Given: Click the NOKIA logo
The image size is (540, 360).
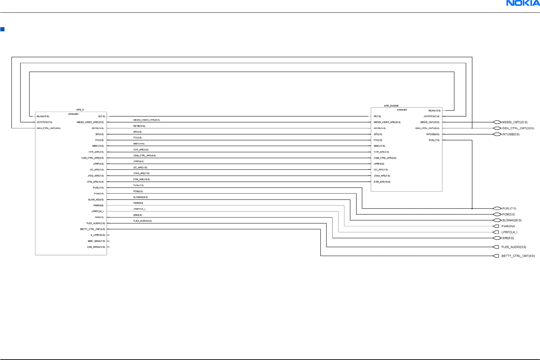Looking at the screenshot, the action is (x=522, y=3).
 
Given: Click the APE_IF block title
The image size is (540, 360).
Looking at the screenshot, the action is (x=80, y=110).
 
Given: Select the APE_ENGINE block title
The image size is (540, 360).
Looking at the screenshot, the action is (x=391, y=106).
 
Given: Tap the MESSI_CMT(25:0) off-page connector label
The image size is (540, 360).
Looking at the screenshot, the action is (x=515, y=122).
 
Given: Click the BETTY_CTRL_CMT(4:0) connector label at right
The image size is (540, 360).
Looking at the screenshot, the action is (x=518, y=256).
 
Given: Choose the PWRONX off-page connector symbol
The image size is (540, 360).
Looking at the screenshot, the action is (x=496, y=226).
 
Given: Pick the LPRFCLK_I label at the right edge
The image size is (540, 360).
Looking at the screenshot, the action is (x=509, y=232).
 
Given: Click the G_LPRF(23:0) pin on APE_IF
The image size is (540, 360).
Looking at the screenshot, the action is (x=98, y=235).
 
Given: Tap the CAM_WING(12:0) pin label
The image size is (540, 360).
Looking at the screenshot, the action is (x=96, y=247).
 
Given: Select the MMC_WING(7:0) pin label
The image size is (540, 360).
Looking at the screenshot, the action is (x=96, y=241).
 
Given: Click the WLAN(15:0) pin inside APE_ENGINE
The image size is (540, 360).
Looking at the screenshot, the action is (x=434, y=110).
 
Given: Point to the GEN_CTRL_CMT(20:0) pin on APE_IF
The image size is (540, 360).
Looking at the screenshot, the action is (x=49, y=128).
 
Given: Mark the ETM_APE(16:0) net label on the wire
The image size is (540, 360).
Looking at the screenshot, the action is (x=142, y=179).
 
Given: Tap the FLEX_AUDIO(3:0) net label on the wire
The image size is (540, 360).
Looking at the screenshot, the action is (x=143, y=221).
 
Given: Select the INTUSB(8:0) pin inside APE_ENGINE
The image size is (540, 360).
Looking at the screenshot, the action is (x=433, y=134).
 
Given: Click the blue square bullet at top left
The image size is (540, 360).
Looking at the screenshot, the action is (x=2, y=29).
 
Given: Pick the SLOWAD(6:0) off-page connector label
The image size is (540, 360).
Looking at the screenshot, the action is (x=511, y=220).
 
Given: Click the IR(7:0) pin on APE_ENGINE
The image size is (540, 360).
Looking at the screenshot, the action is (x=377, y=116).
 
